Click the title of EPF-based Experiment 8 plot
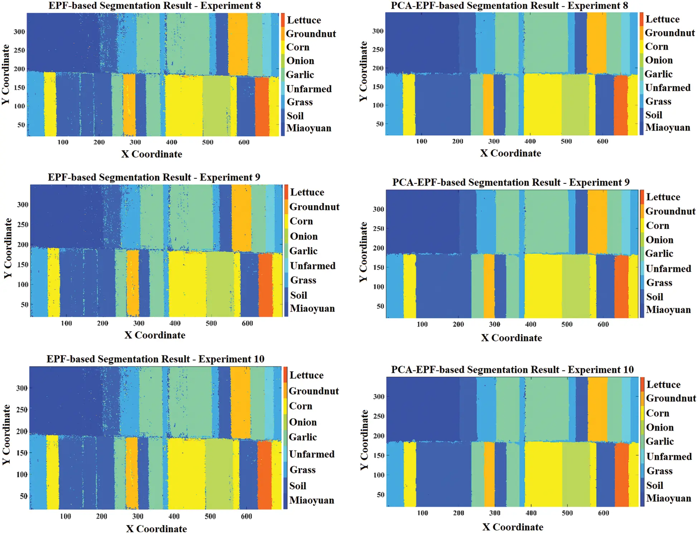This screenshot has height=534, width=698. coord(155,6)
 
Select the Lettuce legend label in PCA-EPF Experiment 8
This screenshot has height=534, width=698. coord(662,19)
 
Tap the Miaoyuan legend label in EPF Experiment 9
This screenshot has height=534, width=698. coord(312,308)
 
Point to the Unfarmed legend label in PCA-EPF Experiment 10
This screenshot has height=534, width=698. coord(669,457)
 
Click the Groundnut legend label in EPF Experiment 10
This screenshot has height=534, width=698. coord(314,391)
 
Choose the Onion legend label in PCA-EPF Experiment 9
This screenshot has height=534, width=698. coord(659,240)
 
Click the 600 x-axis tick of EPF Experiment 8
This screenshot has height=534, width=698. coord(244,142)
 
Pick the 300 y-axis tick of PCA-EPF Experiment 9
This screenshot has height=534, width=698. coord(378,209)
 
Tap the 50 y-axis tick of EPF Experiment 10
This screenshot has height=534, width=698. coord(24,496)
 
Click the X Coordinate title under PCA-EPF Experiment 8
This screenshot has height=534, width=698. coord(510,153)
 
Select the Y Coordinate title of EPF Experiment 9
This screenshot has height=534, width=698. coord(8,248)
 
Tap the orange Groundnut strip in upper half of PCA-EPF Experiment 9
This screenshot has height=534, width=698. coord(597,222)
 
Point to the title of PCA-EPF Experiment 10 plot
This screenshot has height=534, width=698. coord(512,369)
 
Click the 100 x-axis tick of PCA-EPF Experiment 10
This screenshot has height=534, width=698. coord(422,513)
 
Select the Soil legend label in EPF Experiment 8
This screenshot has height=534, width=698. coord(295,116)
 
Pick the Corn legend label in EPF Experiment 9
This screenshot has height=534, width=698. coord(301,221)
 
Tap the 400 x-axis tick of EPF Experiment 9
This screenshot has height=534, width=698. coord(175,323)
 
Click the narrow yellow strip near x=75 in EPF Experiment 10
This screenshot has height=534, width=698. coord(53,472)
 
